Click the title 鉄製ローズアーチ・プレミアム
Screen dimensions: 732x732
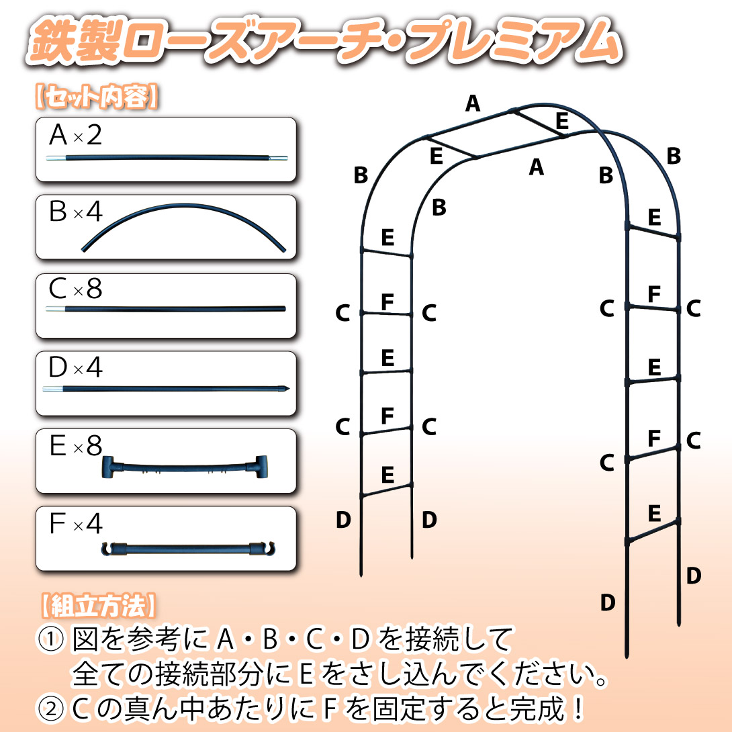coord(324,41)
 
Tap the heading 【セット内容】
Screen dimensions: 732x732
coord(97,97)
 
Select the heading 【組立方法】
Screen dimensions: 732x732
coord(98,606)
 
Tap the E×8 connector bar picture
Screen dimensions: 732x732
coord(185,467)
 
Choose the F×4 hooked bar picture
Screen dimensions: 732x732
coord(188,548)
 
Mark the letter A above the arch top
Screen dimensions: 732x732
coord(472,103)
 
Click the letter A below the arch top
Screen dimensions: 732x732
coord(537,167)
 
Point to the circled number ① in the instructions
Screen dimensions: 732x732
coord(51,639)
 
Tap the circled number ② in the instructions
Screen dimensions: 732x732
coord(51,708)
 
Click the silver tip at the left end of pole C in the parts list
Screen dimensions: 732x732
coord(56,309)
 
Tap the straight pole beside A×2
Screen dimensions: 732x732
coord(167,158)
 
